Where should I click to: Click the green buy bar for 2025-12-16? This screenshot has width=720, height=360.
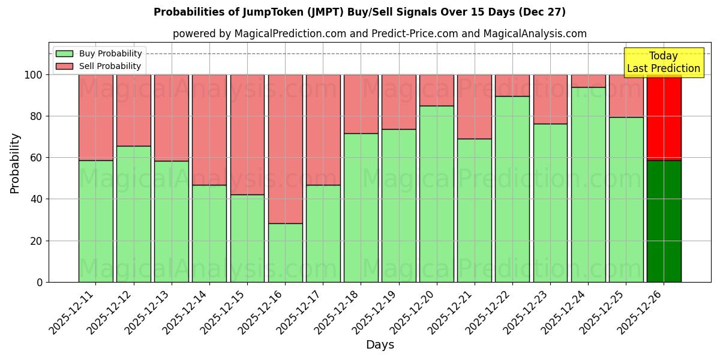[285, 253]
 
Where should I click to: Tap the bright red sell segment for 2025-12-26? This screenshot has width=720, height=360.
[664, 118]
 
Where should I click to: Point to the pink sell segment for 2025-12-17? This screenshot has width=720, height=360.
[323, 130]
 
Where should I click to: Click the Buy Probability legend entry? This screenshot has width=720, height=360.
[99, 53]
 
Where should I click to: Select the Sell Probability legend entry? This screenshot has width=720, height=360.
[99, 66]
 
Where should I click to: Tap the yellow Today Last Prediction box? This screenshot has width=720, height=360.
[663, 62]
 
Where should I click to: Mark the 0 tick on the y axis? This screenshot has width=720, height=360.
[40, 283]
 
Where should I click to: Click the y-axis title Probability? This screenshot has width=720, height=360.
[15, 163]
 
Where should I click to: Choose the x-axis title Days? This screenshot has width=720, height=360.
[380, 345]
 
